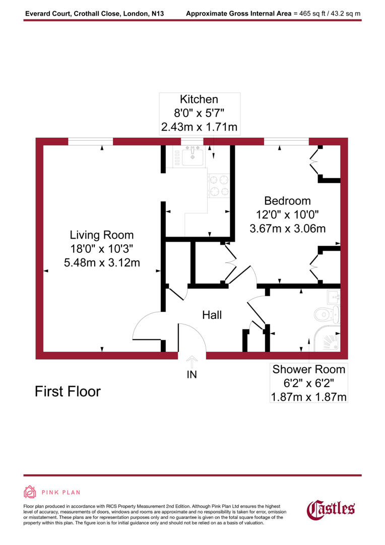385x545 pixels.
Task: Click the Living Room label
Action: point(102,235)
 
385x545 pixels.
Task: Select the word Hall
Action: point(212,315)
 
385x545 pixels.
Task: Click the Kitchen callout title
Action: point(199,99)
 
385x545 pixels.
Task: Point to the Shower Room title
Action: point(308,369)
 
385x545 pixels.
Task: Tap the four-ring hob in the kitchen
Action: point(219,185)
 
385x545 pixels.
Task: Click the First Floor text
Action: point(68,391)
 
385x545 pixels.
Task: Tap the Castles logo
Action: point(331,508)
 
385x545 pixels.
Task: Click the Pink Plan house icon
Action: point(30,492)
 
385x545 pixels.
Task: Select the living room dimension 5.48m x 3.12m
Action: point(102,262)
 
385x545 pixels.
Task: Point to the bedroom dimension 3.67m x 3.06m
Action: point(287,229)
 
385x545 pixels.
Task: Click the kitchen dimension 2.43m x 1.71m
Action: point(199,127)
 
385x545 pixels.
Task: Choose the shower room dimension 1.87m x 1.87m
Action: point(308,397)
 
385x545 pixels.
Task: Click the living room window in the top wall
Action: point(90,141)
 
